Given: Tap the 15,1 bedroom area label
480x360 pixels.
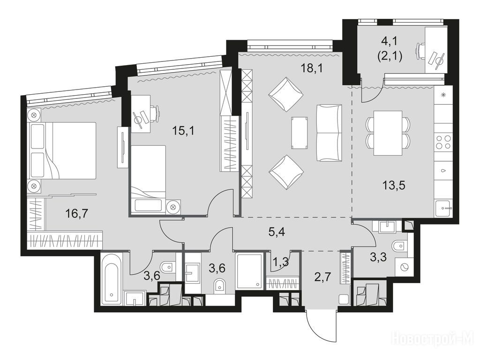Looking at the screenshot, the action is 183,131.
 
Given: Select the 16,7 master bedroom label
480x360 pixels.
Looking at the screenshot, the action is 76,213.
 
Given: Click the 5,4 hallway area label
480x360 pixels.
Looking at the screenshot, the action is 277,232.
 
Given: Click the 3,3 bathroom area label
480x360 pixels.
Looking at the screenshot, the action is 378,257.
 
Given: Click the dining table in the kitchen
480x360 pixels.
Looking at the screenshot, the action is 388,133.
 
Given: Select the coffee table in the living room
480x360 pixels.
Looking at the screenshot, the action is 300,133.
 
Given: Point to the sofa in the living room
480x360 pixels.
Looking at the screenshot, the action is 329,133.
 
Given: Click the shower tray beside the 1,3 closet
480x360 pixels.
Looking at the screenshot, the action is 249,270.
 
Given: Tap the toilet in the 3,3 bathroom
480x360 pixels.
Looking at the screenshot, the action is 399,246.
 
